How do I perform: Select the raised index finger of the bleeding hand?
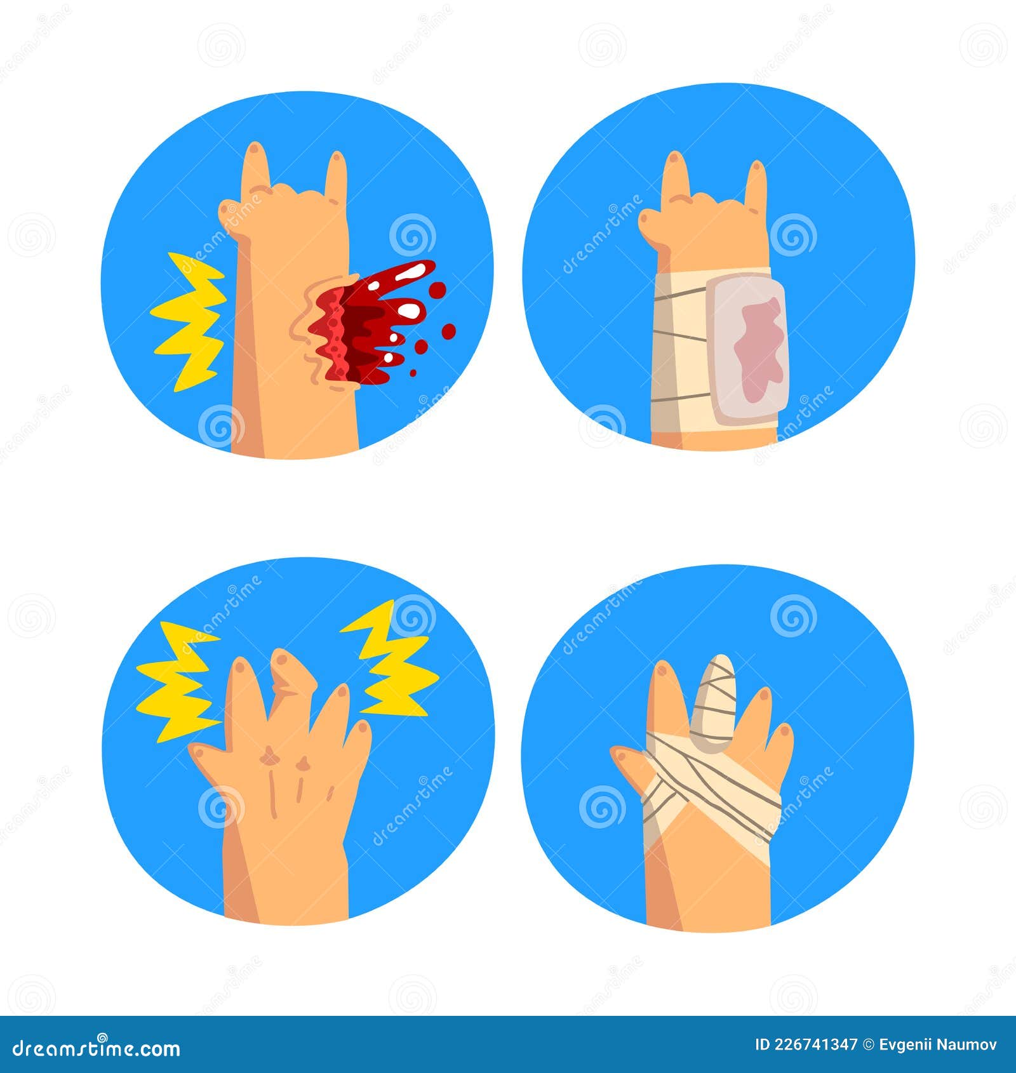[255, 165]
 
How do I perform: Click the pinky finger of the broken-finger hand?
[359, 740]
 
